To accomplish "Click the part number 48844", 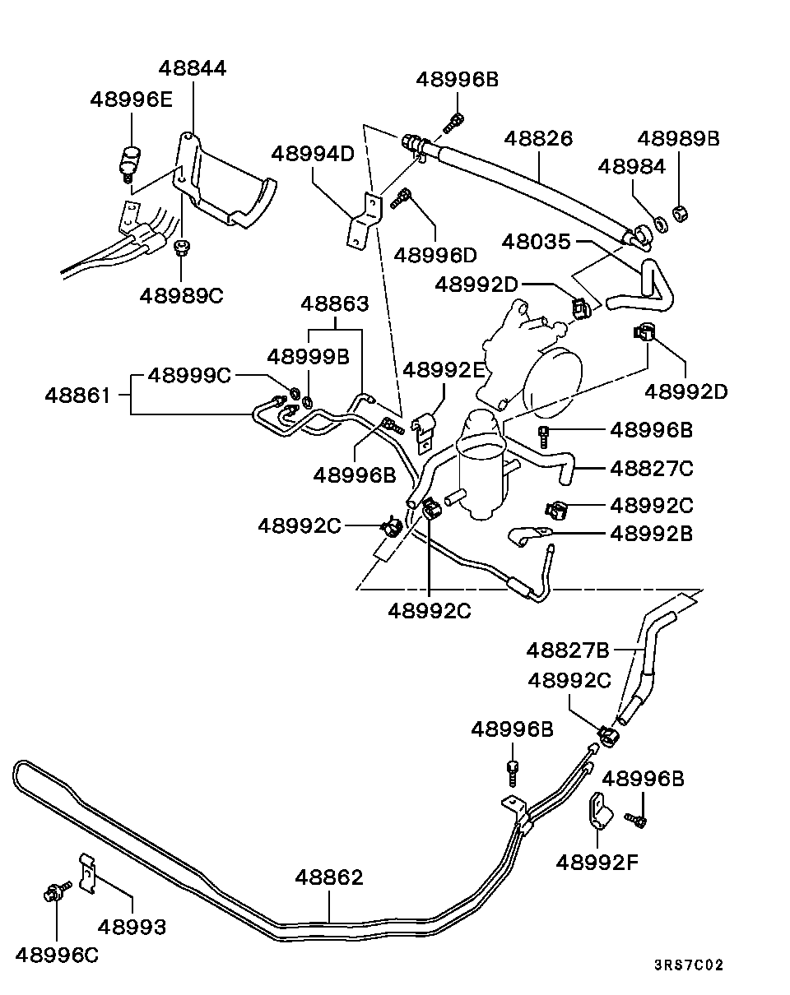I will click(193, 68).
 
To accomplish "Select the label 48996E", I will click(131, 99).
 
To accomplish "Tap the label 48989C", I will click(181, 295).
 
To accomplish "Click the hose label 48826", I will click(538, 138).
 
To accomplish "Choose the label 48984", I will click(631, 167).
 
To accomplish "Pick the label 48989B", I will click(678, 139).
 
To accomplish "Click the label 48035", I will click(537, 243).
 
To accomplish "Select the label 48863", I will click(334, 303).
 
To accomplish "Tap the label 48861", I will click(77, 396).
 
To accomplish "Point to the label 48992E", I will click(444, 370).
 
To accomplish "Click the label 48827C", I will click(652, 469).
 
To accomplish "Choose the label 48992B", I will click(652, 534).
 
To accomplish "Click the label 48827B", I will click(568, 650).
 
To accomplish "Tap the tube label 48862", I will click(329, 877).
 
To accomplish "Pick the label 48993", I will click(132, 928).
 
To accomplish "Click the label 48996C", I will click(56, 954).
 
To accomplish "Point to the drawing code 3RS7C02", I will click(689, 965).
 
